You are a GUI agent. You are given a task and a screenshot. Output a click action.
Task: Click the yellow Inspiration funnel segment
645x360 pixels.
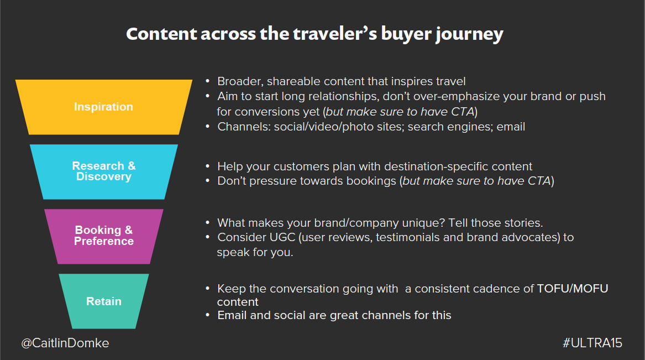tap(104, 107)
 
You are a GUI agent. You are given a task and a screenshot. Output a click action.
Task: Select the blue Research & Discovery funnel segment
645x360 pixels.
tap(104, 171)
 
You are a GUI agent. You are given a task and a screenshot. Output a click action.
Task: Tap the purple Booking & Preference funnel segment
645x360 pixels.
tap(104, 236)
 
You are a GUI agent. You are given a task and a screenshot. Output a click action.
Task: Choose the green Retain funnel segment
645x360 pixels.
tap(104, 301)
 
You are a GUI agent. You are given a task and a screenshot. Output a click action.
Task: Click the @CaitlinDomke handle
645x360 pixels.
tap(65, 343)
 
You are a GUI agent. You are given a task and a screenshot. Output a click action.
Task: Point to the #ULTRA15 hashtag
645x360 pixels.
tap(592, 343)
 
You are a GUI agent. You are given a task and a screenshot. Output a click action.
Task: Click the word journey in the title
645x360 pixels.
tap(469, 34)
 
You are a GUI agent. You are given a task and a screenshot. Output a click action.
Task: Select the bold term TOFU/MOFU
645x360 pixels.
tap(573, 289)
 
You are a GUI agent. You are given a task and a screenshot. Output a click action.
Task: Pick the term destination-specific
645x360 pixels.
tap(436, 166)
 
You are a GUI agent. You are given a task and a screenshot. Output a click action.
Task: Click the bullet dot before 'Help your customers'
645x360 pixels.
tap(208, 166)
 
